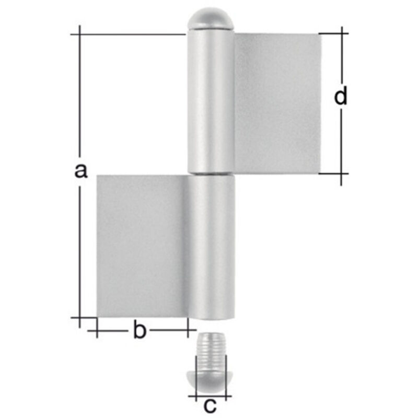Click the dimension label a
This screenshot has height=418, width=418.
pos(80,170)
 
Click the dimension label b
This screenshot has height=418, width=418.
pos(138,331)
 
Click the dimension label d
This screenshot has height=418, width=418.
pos(341,97)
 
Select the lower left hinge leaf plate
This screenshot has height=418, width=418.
pos(141,246)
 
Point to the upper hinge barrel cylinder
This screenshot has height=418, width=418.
pos(210,99)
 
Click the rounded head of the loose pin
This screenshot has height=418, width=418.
pos(211,380)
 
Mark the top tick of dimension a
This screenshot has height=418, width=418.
pos(79,34)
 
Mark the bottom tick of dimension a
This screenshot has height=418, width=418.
pos(79,317)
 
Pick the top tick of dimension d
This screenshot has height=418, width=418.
pos(341,34)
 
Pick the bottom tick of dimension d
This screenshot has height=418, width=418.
pos(341,173)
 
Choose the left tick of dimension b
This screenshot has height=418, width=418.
pos(97,330)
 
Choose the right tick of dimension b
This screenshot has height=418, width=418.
pos(188,330)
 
